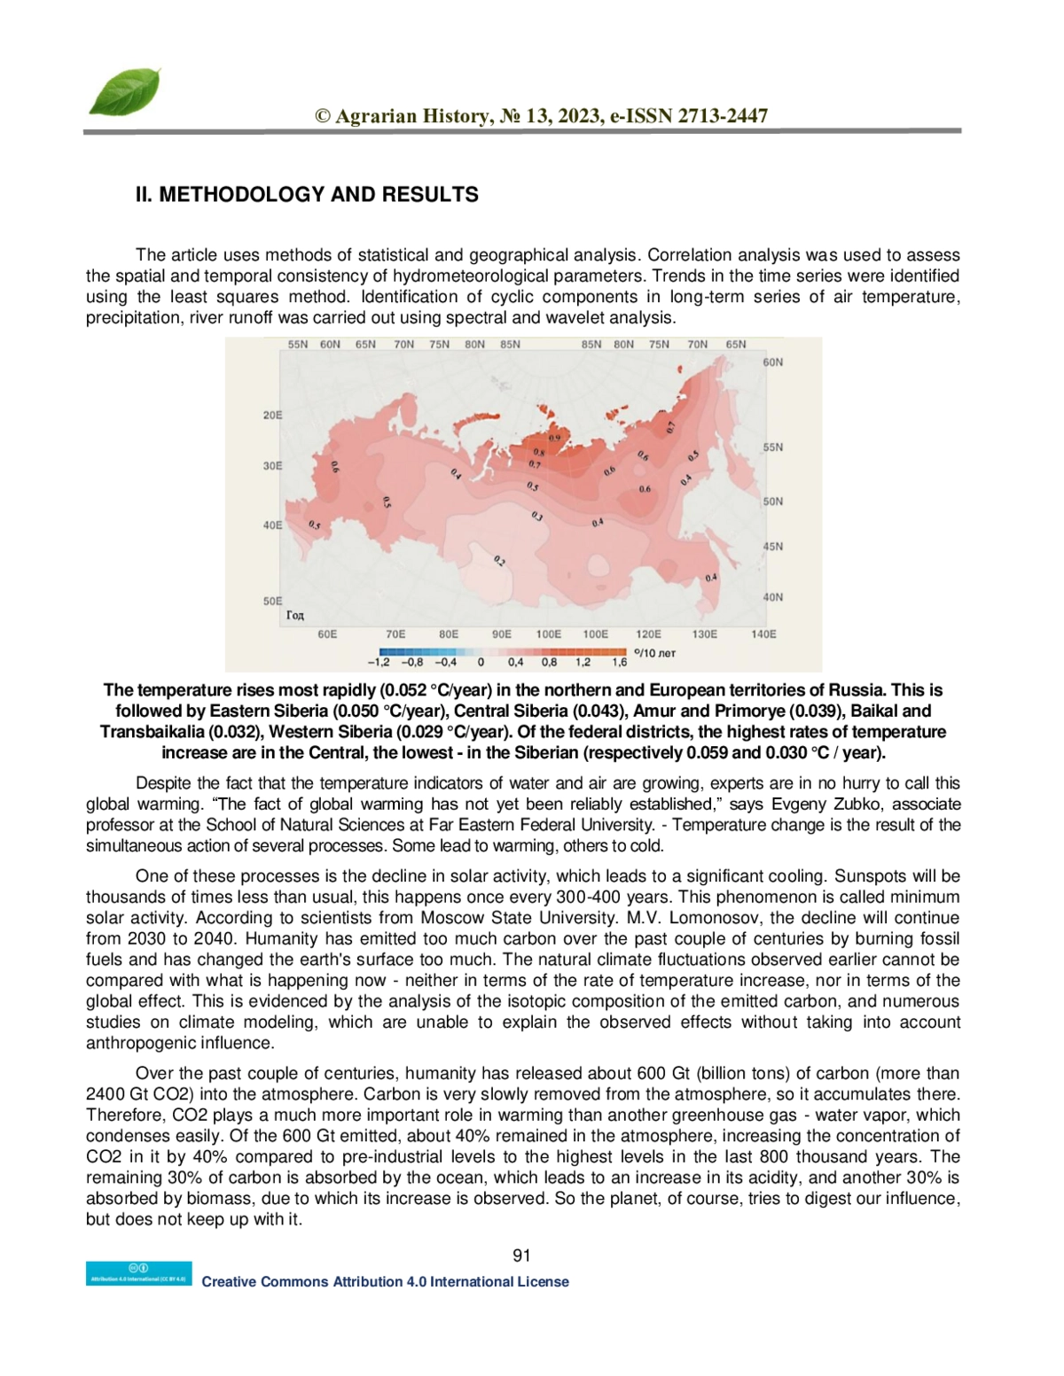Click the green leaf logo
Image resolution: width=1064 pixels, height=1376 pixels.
[125, 92]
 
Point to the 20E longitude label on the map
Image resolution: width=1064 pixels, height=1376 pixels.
[272, 415]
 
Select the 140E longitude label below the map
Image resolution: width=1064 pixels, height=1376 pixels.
[763, 634]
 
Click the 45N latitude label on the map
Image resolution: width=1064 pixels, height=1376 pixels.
[773, 547]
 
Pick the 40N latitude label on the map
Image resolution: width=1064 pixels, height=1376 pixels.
[773, 597]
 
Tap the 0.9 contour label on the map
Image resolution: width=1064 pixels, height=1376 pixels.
[554, 438]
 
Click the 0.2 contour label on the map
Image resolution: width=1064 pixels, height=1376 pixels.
[499, 561]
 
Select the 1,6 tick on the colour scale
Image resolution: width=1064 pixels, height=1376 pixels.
[619, 662]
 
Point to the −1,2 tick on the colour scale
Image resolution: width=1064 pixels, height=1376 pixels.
[379, 662]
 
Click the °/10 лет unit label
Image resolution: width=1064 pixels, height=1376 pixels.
[655, 653]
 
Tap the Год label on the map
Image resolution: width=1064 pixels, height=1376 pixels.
[295, 615]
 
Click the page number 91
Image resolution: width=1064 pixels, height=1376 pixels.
[522, 1256]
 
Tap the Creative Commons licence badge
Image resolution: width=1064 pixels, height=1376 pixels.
[138, 1273]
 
